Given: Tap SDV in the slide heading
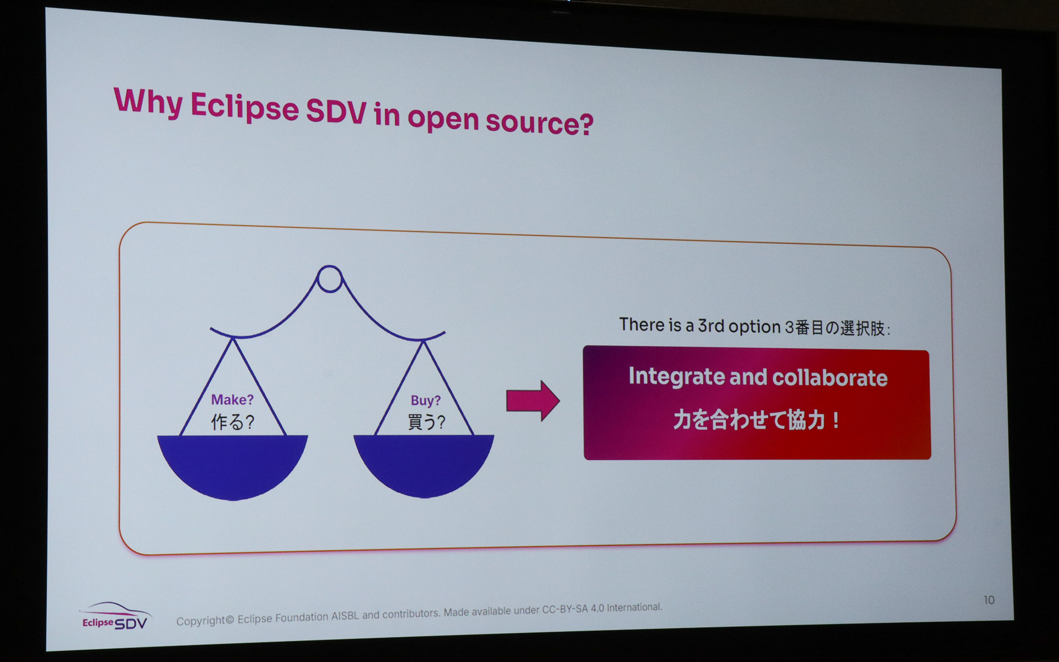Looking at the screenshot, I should [336, 112].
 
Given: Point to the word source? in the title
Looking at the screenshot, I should [539, 122].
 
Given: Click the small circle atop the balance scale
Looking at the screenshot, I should [330, 279].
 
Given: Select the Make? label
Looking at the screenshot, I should [232, 399].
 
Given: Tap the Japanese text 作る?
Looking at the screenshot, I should [232, 423].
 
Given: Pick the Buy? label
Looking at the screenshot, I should [425, 401].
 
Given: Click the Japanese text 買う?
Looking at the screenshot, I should [426, 423].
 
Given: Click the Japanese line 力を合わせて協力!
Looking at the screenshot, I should [756, 420].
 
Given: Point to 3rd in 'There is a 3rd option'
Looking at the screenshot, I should [711, 326].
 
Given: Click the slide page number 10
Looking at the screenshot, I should [989, 600].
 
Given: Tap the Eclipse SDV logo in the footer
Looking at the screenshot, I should [115, 617].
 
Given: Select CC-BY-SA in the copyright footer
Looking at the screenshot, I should [565, 610].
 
